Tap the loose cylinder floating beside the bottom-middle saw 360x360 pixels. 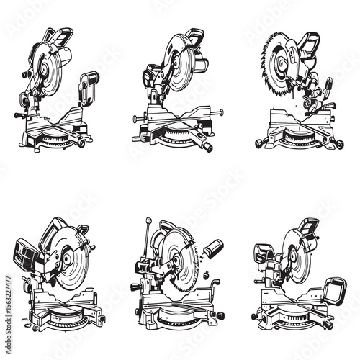[212, 248]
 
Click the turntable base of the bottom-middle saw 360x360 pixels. [176, 317]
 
